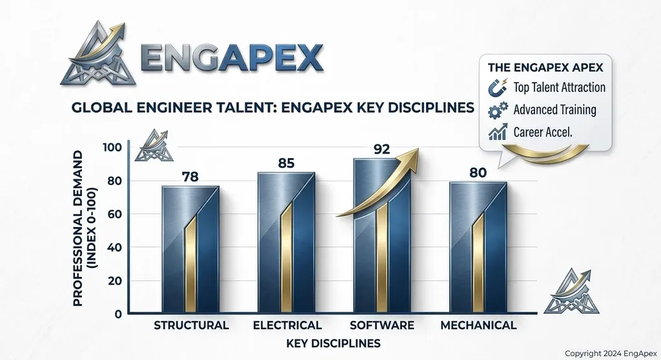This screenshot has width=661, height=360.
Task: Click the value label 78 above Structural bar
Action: tap(190, 177)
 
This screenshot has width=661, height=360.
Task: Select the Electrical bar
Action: tap(286, 243)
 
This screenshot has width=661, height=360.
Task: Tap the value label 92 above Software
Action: tap(381, 149)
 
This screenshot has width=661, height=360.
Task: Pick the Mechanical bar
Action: tap(478, 248)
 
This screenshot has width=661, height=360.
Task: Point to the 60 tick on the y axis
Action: tap(115, 214)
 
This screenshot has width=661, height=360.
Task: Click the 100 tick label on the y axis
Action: tap(112, 148)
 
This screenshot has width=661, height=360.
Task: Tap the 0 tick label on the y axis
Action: tap(118, 314)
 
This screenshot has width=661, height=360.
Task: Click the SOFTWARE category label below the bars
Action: tap(382, 325)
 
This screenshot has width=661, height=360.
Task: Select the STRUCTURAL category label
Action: tap(191, 325)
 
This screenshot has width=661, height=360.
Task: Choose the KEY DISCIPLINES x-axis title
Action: tap(333, 343)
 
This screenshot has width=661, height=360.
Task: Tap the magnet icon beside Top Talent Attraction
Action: tap(498, 88)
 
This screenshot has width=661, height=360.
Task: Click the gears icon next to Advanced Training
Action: tap(498, 111)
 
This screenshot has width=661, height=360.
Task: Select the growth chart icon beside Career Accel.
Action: tap(498, 132)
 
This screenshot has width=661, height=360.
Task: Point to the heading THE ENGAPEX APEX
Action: tap(545, 68)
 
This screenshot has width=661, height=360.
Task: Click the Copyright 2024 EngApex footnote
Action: tap(611, 354)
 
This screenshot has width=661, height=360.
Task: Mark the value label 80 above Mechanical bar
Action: tap(478, 172)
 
